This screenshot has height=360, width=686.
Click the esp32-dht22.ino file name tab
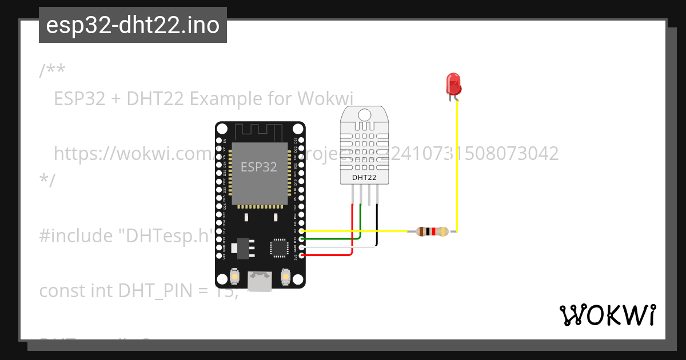133,25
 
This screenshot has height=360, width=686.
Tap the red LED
453,85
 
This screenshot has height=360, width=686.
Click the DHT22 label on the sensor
364,177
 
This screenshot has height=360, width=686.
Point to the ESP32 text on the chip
258,167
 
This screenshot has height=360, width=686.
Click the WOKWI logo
607,315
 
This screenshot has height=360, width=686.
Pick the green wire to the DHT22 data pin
332,238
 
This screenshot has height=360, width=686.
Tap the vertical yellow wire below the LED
457,166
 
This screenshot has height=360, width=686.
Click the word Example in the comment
226,99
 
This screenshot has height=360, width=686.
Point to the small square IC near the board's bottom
279,247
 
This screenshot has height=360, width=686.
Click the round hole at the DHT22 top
364,113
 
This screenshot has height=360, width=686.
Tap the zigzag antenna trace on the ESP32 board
260,131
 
